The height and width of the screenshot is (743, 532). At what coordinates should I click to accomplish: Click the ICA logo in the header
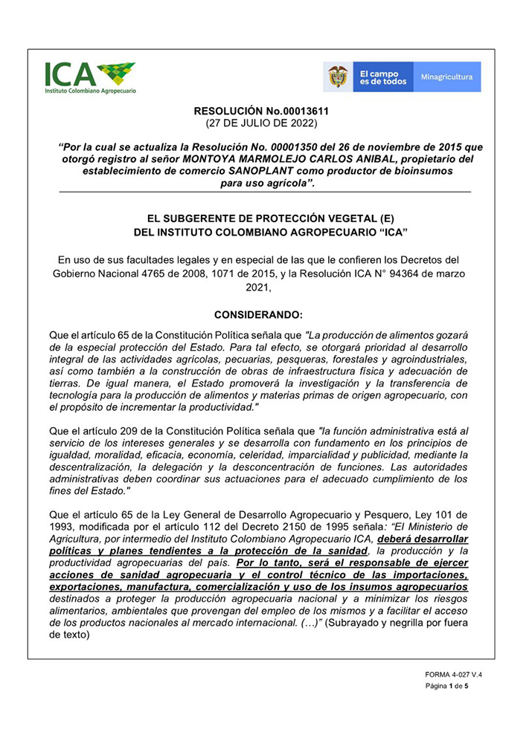point(89,77)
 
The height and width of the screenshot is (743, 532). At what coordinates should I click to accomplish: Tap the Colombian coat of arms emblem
point(339,77)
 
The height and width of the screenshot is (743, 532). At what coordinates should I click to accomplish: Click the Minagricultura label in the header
point(446,77)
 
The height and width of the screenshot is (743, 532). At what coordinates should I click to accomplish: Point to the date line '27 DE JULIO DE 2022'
point(261,123)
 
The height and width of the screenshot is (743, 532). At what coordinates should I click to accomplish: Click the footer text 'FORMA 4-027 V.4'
point(455,675)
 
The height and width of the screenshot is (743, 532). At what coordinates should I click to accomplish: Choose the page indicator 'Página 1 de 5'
point(446,687)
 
